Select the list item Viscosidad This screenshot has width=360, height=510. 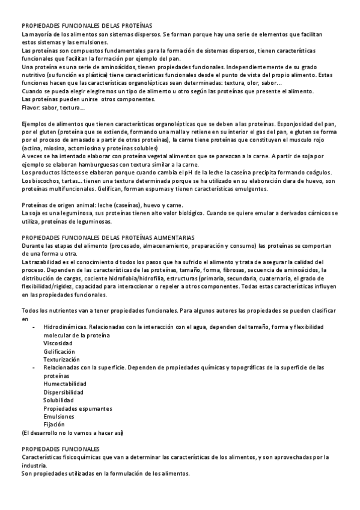(58, 343)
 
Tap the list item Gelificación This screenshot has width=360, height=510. (59, 351)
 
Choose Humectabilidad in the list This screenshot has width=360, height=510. (64, 383)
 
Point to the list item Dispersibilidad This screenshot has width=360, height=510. (63, 392)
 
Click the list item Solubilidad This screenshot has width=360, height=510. (58, 400)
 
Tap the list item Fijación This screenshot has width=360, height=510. (55, 424)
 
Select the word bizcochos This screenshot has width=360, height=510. (43, 180)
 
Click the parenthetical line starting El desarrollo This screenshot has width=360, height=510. (72, 432)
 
